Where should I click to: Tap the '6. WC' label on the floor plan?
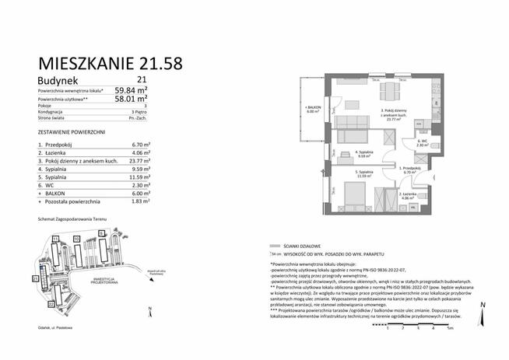click(420, 142)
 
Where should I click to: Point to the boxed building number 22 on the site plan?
click(51, 305)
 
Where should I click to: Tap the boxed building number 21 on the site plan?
click(35, 278)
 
